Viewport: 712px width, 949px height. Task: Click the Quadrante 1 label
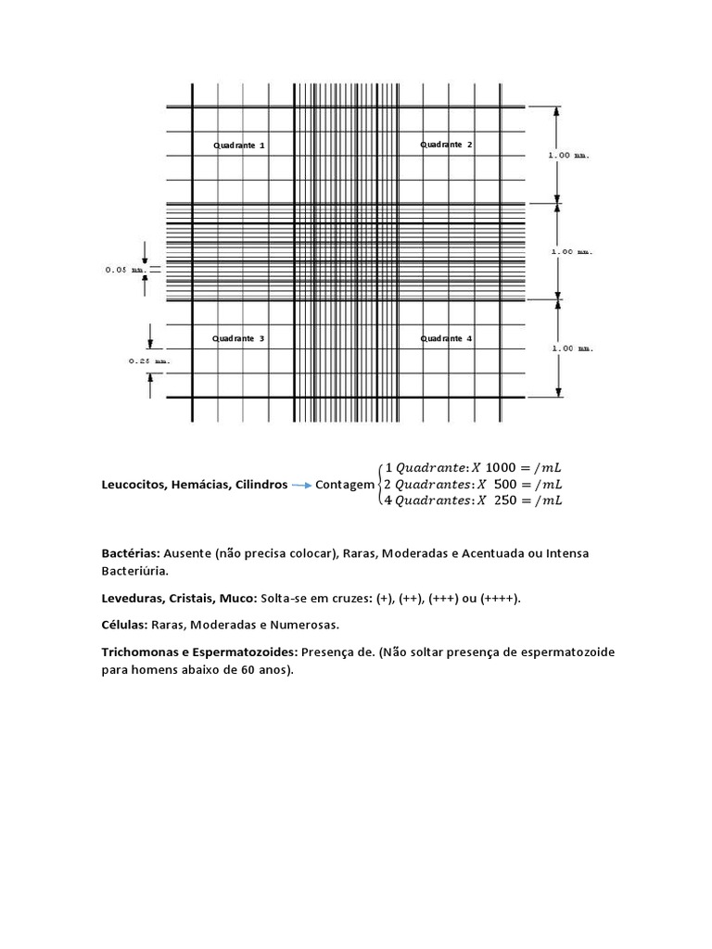point(239,146)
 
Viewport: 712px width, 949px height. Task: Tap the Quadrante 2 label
point(446,145)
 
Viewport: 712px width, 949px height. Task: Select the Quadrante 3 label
point(238,339)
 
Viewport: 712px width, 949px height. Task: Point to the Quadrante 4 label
point(446,339)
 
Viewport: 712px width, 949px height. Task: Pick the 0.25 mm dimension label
point(148,361)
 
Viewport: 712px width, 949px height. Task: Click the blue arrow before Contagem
point(301,485)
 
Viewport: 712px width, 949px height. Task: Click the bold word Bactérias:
point(132,553)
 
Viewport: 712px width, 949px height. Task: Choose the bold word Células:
point(126,626)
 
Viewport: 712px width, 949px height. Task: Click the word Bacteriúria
point(134,572)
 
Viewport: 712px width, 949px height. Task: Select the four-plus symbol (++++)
point(500,599)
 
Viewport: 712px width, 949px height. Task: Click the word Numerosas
point(309,626)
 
